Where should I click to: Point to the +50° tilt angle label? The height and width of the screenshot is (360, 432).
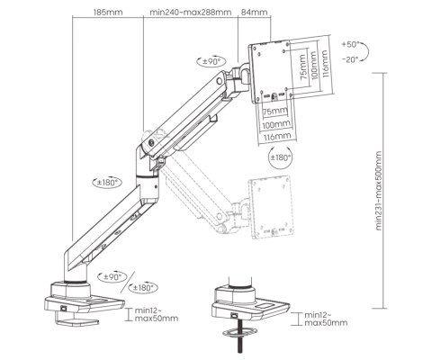coord(354,44)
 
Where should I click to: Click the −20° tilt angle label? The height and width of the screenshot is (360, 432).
coord(353,58)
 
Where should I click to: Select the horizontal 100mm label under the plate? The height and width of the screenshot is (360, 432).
coord(276,123)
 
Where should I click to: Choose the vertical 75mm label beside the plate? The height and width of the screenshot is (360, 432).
coord(301,70)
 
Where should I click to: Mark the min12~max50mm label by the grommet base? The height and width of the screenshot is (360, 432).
coord(323,318)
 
